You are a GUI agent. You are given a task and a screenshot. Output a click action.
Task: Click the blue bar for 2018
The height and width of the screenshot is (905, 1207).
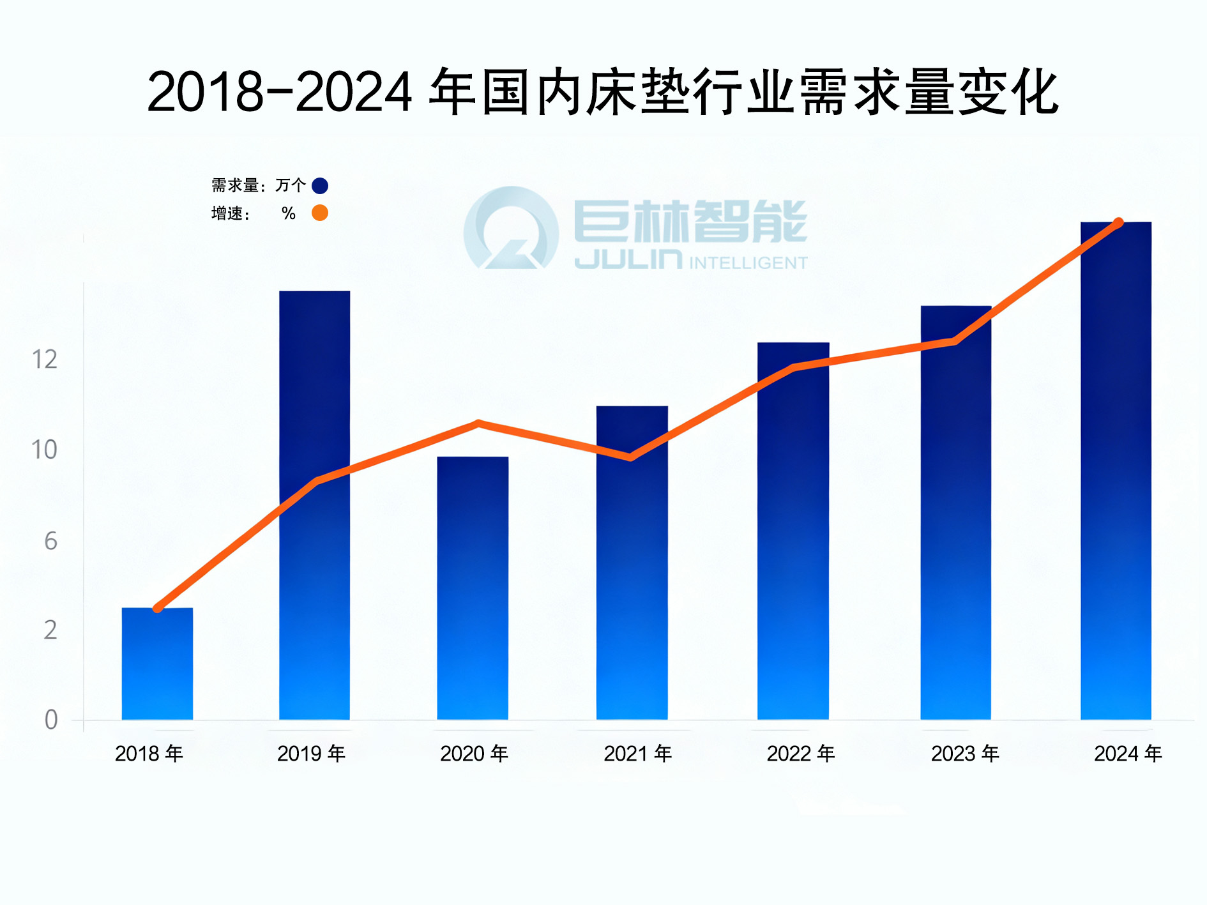157,664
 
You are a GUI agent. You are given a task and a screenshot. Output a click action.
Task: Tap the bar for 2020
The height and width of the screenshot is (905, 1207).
473,588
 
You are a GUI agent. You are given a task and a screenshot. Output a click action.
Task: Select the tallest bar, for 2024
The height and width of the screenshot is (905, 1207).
1116,473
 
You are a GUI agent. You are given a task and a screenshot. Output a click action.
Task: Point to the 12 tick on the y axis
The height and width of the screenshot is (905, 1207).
45,360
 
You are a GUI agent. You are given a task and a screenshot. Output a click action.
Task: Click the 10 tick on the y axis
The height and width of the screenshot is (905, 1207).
45,450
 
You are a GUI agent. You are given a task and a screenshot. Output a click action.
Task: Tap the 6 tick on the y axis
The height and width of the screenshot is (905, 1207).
50,542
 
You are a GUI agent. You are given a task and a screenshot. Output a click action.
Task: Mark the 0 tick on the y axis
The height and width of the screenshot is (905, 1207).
50,720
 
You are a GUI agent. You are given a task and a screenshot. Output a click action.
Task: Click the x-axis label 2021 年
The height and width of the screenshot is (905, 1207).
637,754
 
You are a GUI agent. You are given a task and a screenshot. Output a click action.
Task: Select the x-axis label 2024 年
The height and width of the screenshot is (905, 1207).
1127,754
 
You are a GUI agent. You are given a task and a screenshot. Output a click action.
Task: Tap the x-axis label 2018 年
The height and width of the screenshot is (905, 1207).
149,754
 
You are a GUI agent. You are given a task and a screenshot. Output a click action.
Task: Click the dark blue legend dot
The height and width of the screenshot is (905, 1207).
320,186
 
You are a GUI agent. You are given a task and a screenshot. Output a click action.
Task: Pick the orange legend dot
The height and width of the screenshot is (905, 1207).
320,213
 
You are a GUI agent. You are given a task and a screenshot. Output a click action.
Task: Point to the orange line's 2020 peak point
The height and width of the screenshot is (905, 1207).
478,423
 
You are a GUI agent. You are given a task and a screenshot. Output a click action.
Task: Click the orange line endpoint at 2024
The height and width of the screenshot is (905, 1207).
1118,222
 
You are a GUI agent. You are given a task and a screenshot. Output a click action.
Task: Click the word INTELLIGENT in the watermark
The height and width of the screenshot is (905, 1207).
748,263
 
